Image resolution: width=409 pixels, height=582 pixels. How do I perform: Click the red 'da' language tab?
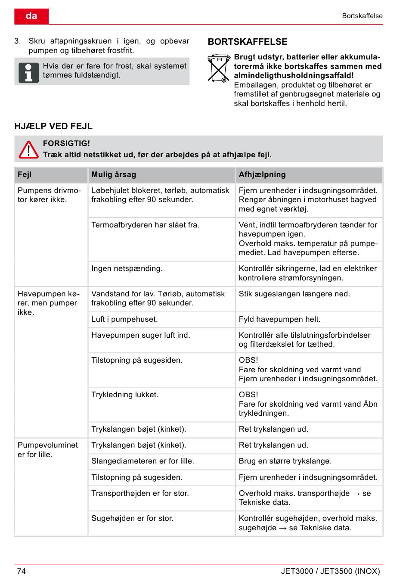tap(31, 16)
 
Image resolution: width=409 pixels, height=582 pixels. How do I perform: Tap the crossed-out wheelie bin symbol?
tap(218, 68)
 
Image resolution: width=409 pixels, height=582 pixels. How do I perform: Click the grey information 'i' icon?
tap(28, 72)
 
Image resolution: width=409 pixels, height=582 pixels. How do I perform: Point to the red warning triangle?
tap(28, 149)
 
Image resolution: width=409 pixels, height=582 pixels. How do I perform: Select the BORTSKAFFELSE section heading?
tap(248, 42)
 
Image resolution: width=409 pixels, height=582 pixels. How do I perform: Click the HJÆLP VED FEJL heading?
tap(53, 126)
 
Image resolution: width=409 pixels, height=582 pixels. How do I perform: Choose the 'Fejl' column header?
tap(25, 174)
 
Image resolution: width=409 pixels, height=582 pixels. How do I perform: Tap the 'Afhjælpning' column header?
tap(262, 174)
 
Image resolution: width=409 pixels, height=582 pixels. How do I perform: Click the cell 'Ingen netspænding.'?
tap(127, 269)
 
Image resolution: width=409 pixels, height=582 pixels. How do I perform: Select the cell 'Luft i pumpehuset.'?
tap(124, 319)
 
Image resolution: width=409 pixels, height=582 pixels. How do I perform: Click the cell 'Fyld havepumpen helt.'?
tap(279, 319)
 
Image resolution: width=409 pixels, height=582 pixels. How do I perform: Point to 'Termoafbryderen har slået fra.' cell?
tap(146, 225)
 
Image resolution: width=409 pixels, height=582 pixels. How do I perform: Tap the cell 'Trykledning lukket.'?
tap(125, 395)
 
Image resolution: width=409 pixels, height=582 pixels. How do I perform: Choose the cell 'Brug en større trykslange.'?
tap(285, 461)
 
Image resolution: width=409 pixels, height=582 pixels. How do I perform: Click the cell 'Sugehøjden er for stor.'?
tap(132, 518)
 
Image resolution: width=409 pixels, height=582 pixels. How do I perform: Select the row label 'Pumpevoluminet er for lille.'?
tap(47, 450)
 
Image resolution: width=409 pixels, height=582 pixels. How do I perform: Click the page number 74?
tap(22, 571)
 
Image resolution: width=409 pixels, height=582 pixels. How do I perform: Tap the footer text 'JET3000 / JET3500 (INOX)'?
tap(330, 571)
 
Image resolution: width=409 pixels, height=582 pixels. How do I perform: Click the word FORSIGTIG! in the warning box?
tap(66, 143)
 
